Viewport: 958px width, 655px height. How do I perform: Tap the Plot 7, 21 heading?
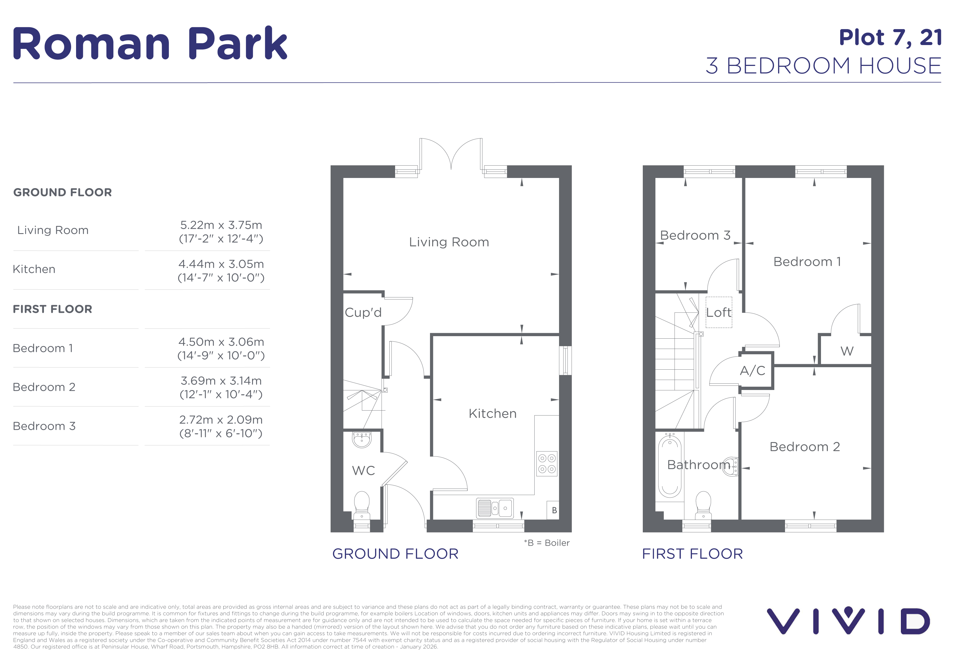890,38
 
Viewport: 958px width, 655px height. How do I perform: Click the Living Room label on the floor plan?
449,242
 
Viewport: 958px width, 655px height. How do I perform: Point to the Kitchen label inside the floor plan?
493,413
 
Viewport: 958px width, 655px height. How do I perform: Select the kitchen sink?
495,508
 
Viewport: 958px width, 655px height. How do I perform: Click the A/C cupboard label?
753,370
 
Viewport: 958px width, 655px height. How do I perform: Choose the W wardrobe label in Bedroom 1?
847,351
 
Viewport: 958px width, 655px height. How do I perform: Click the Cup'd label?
363,313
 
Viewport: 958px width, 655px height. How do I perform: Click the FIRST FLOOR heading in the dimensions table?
52,309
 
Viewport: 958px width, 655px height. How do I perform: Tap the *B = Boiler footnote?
547,543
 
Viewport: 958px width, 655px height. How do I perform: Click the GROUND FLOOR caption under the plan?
395,554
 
